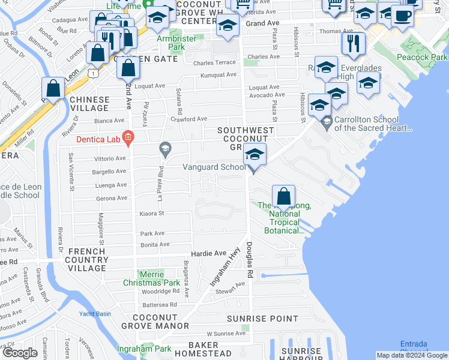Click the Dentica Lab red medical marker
[127, 139]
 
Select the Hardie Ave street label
[208, 253]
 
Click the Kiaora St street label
[152, 213]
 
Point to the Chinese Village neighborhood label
[89, 104]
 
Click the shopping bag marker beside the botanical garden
[283, 196]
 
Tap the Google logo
[20, 353]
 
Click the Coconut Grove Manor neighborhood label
[155, 322]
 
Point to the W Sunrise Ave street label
[226, 333]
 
